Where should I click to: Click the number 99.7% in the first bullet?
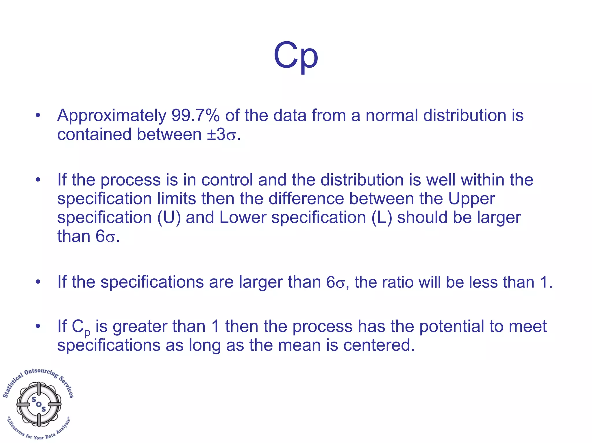(195, 116)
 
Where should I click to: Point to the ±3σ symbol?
(221, 135)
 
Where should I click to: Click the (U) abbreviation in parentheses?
(169, 217)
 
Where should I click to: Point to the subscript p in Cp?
(87, 333)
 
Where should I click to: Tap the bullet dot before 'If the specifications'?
(38, 282)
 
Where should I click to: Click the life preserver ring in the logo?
(39, 404)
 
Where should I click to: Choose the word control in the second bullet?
(227, 180)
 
